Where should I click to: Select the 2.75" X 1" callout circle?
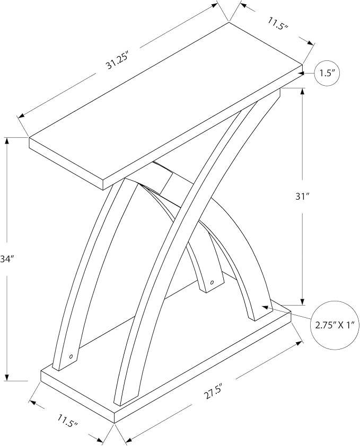(334, 325)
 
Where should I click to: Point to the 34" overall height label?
(7, 259)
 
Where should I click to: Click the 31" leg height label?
(302, 197)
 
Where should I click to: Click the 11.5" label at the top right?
(278, 23)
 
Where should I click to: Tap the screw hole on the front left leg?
(71, 356)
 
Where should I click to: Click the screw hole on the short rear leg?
(212, 282)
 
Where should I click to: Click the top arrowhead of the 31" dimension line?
(302, 92)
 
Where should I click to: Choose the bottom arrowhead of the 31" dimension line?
(302, 302)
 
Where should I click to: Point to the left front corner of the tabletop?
(29, 138)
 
